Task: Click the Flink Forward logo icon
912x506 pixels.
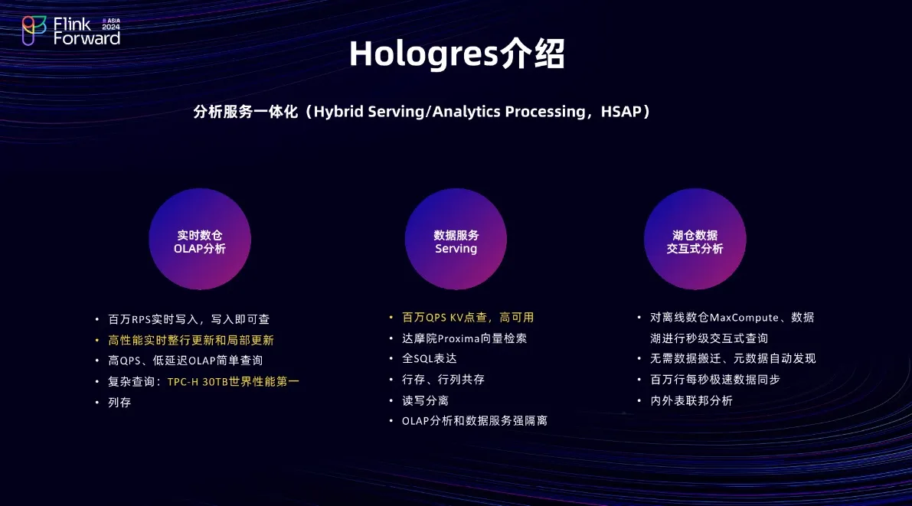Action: [x=34, y=31]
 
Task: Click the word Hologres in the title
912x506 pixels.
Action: [x=424, y=54]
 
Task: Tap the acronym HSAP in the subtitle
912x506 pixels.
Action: [x=620, y=111]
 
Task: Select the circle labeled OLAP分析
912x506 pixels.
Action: [x=200, y=239]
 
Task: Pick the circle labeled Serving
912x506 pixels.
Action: [x=456, y=239]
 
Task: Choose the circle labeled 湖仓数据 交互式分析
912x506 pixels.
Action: [x=695, y=239]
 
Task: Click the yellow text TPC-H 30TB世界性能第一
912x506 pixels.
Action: [x=234, y=381]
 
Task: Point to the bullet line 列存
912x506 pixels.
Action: [x=119, y=403]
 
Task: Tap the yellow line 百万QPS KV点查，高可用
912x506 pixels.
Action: [x=468, y=318]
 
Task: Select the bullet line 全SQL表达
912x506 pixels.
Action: [x=430, y=359]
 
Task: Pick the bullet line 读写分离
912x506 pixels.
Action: [x=425, y=400]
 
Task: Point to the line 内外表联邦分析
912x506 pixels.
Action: [x=691, y=400]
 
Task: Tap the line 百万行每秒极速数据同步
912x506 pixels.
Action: [x=715, y=380]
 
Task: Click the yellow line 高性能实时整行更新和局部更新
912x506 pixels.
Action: [x=191, y=340]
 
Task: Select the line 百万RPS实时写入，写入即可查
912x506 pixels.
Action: [x=189, y=319]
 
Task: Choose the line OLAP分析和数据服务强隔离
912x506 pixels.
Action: [x=475, y=421]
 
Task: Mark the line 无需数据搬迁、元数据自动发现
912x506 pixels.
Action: [x=733, y=359]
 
